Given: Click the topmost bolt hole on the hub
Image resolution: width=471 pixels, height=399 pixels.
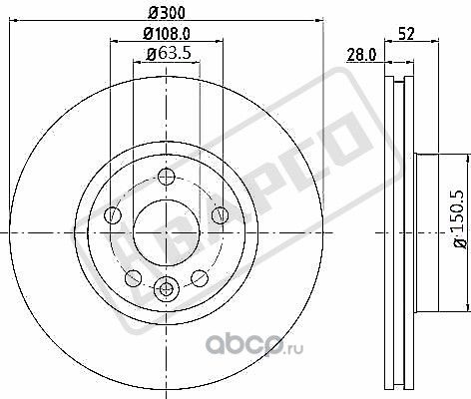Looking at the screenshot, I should point(167,178).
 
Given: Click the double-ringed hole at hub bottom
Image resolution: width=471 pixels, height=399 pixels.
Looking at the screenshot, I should point(167,289).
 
